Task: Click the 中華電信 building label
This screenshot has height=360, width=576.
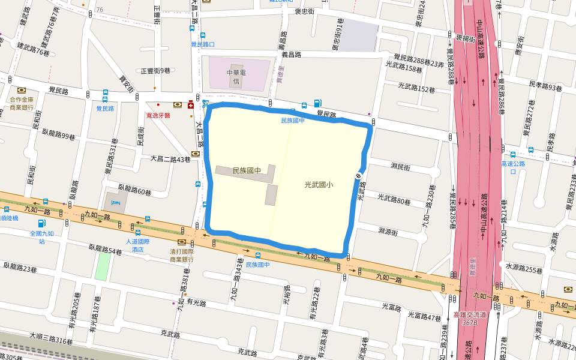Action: tap(236, 76)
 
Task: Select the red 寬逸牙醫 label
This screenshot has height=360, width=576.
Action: tap(158, 115)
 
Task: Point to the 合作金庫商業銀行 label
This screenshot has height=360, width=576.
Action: tap(22, 104)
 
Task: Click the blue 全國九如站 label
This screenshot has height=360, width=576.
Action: tap(41, 237)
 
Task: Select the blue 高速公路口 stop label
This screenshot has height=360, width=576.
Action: tap(513, 167)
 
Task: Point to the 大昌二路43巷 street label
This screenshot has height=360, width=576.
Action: tap(170, 159)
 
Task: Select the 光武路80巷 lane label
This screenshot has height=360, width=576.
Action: tap(394, 198)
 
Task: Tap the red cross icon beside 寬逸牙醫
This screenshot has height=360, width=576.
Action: tap(191, 104)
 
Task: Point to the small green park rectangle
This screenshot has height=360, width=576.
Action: tap(102, 267)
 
